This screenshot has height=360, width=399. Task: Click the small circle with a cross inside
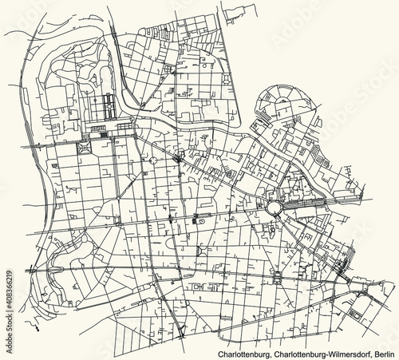(152, 160)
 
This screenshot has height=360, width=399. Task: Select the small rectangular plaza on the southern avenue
(277, 278)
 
